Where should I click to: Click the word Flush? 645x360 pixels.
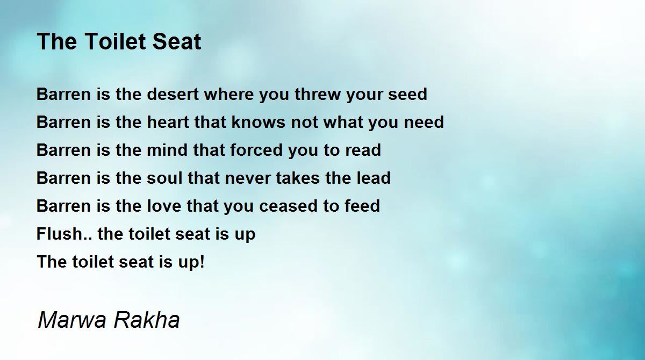[59, 234]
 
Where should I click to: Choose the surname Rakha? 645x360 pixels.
[146, 320]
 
